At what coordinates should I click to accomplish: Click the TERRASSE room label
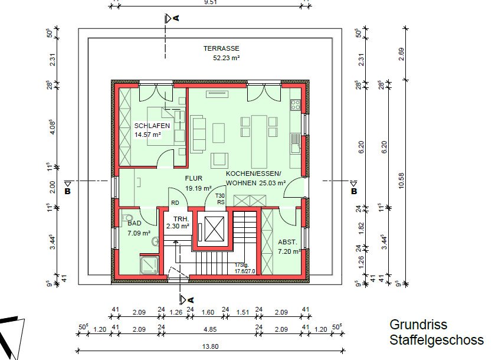coord(222,48)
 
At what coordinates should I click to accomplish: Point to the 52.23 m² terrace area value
coord(226,58)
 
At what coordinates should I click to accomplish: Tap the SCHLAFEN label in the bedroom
coord(152,126)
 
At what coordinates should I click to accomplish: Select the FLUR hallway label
coord(194,178)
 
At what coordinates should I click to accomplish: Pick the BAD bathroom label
coord(135,224)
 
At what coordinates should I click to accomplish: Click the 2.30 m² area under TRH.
coord(177,226)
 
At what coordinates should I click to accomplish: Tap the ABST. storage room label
coord(288,242)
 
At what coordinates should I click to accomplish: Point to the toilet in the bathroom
coord(155,241)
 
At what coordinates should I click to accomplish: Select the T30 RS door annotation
coord(220,199)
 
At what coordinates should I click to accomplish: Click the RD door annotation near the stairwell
coord(175,202)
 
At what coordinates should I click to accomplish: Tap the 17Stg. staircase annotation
coord(241,266)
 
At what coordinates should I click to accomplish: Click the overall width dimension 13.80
coord(211,346)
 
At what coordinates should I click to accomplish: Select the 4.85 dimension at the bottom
coord(209,329)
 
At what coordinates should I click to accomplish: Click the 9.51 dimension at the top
coord(209,2)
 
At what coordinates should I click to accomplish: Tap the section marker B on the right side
coord(354,191)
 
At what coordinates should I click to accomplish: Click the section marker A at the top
coord(176,18)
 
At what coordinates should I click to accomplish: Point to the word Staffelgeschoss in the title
coord(436,340)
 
